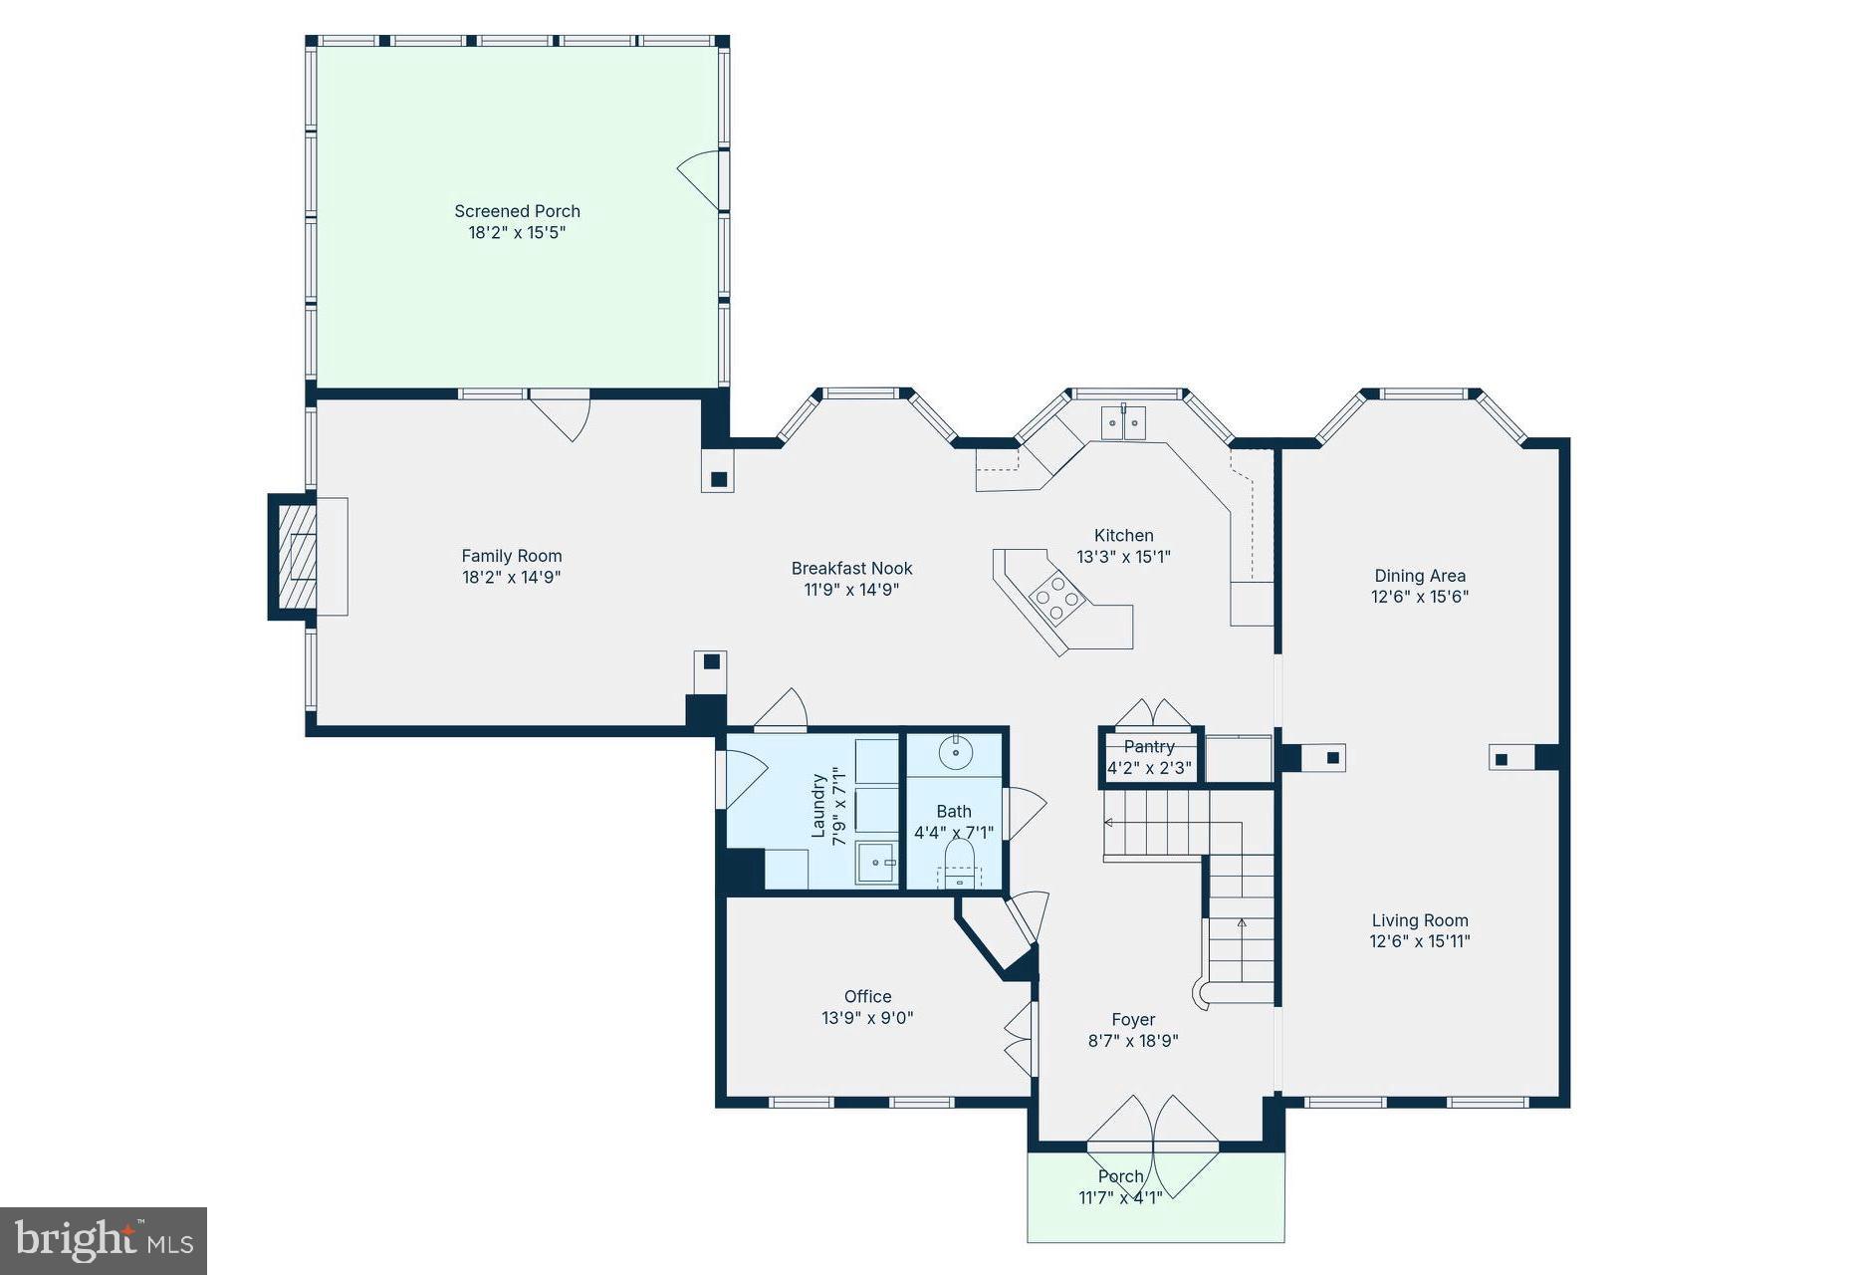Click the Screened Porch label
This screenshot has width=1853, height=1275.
point(517,211)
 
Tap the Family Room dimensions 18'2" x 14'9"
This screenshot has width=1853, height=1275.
point(511,578)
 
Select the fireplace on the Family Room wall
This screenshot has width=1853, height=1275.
point(296,557)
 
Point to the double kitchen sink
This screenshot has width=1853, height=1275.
point(1123,422)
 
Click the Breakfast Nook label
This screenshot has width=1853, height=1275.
point(851,569)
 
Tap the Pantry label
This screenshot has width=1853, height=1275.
point(1149,747)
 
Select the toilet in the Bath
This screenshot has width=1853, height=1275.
point(959,860)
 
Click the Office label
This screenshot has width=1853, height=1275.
point(867,996)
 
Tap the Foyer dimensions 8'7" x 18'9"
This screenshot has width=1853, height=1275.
point(1133,1041)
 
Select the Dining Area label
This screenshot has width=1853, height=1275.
point(1420,576)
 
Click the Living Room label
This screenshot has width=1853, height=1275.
point(1420,921)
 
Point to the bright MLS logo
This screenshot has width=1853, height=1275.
point(104,1241)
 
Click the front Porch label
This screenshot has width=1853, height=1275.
point(1120,1176)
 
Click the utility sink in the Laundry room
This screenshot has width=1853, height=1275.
point(876,863)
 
